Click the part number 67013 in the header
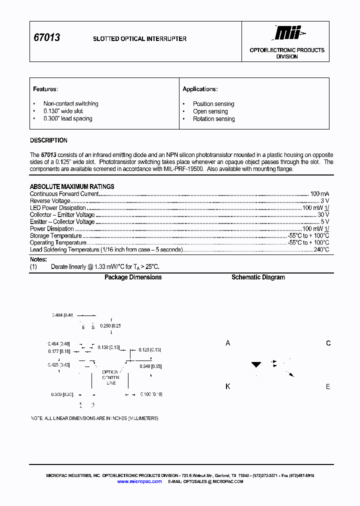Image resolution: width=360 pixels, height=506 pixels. coord(46,38)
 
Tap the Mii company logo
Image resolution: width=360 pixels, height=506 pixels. coord(289,33)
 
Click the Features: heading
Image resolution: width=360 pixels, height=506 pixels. coord(45,89)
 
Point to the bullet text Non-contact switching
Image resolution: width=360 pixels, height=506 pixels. coord(70,103)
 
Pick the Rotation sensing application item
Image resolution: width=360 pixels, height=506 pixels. coord(213,119)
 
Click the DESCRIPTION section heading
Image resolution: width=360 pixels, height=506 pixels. coord(48,140)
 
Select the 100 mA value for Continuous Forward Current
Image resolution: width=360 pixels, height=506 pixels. coord(319,193)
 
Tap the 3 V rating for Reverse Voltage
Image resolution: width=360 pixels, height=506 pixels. coord(324,200)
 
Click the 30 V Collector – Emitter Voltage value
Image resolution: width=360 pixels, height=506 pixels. coord(323,214)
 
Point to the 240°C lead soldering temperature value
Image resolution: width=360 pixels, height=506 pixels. coord(321,249)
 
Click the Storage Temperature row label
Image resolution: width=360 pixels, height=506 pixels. coord(55,235)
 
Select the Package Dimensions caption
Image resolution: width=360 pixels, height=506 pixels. coord(133,277)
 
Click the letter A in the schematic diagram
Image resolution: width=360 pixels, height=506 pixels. coord(228,343)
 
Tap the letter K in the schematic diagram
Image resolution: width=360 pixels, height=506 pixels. coord(228,386)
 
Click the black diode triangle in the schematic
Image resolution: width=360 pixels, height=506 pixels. coord(256,365)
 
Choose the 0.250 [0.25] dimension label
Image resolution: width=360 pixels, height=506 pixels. coord(110,325)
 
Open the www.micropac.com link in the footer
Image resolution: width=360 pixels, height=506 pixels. coord(139,481)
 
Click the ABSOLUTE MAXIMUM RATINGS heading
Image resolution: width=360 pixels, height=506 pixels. coord(72,186)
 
